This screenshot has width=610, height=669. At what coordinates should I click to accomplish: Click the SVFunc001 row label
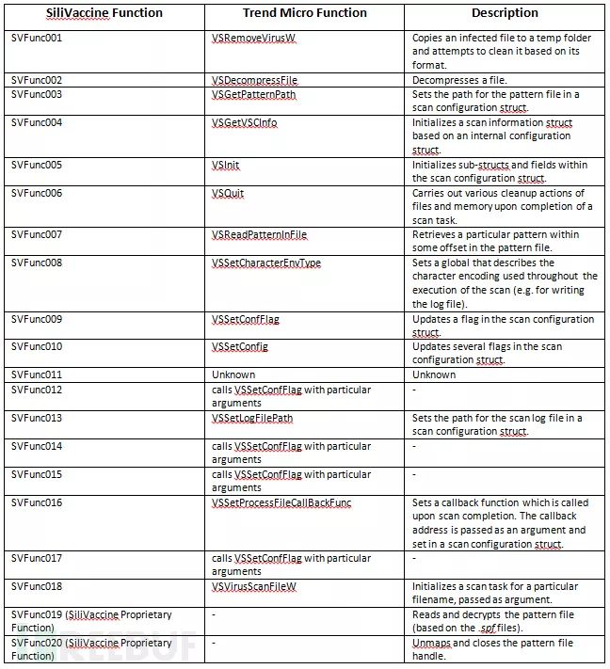37,39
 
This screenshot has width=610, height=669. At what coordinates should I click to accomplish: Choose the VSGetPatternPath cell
253,95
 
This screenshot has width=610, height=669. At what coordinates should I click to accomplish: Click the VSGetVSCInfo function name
245,123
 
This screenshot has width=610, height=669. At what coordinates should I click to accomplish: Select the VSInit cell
226,166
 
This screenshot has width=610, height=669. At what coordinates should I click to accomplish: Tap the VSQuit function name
228,193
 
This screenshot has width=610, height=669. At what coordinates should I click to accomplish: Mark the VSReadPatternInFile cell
259,235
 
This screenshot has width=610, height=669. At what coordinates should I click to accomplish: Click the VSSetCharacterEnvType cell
266,263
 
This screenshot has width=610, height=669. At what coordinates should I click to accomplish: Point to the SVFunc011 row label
37,375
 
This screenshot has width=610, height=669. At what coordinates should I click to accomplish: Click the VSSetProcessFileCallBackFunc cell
281,502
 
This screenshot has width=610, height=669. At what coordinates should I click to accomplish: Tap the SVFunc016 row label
37,502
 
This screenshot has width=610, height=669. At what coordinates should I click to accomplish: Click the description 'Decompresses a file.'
458,81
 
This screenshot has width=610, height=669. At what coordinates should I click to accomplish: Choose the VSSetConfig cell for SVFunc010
240,347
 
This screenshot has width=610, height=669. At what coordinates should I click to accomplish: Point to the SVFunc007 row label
37,235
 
